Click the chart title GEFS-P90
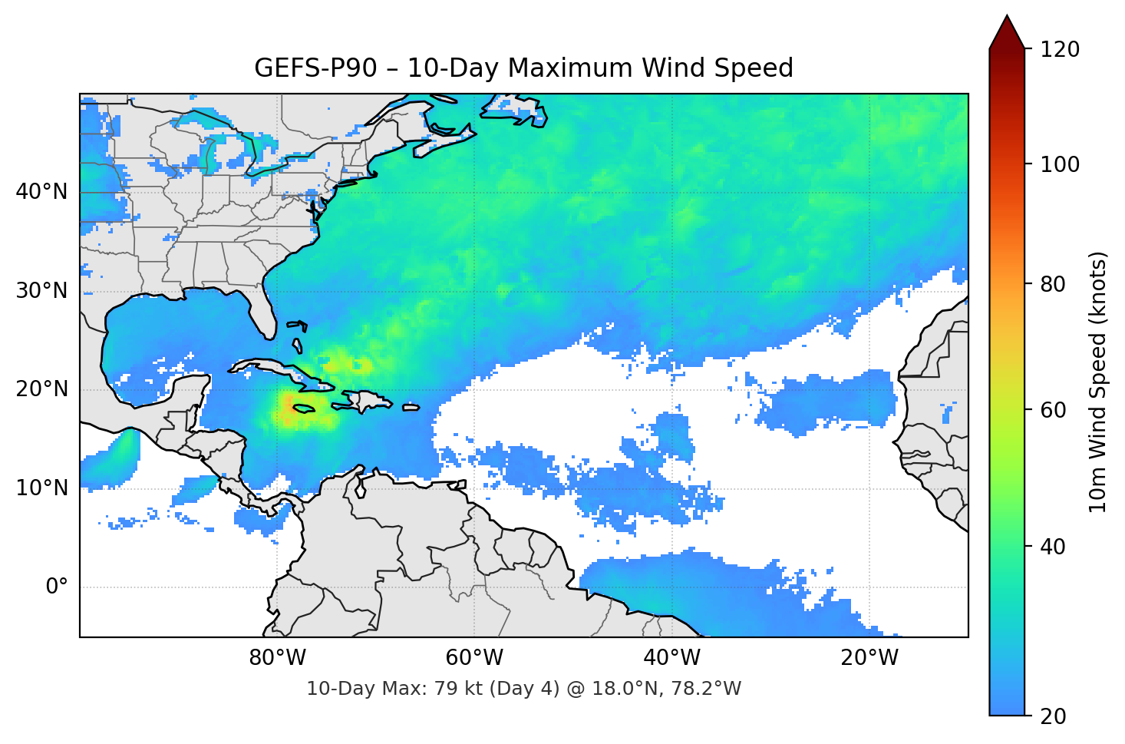[x=523, y=68]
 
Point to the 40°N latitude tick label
[x=41, y=192]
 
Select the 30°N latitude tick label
[x=41, y=291]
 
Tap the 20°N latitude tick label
[x=41, y=389]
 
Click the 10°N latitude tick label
[x=41, y=488]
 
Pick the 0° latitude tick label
[x=56, y=587]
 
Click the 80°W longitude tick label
[x=277, y=658]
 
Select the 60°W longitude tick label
[x=474, y=658]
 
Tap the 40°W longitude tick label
[x=671, y=658]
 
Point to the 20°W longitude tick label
[x=869, y=658]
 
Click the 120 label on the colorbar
[x=1060, y=49]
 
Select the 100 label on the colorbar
[x=1060, y=164]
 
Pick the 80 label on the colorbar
[x=1054, y=284]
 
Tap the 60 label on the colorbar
[x=1054, y=410]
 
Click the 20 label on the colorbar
[x=1054, y=716]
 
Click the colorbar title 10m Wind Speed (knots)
[x=1098, y=382]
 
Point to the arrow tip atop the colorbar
[x=1007, y=16]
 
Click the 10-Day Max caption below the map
[x=523, y=689]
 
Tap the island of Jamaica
[x=304, y=409]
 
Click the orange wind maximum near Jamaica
[x=289, y=407]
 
